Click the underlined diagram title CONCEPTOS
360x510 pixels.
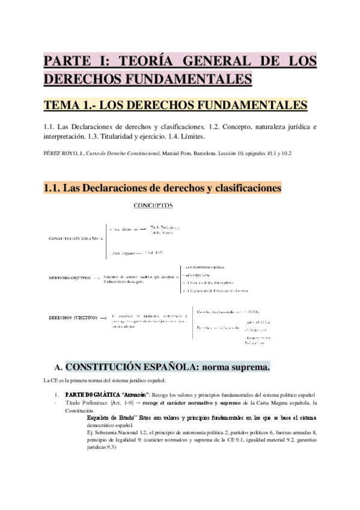[153, 206]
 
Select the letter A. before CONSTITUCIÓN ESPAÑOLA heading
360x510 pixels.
[58, 367]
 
